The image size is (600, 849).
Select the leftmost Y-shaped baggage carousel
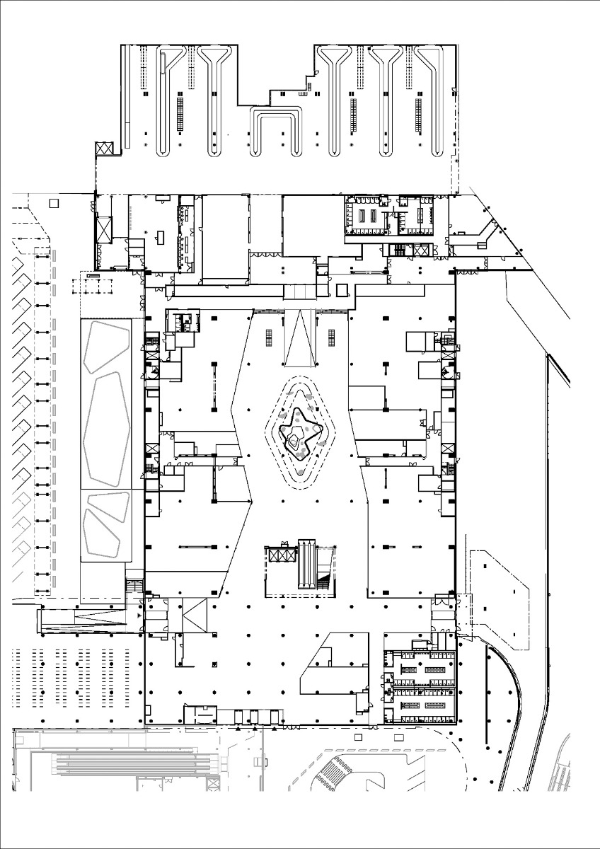(168, 99)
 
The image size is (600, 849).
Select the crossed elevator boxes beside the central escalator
(279, 554)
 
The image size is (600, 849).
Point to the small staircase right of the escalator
(325, 581)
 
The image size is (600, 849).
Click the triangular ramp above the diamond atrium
(301, 337)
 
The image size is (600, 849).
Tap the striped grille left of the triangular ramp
(270, 337)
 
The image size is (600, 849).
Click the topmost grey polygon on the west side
(107, 347)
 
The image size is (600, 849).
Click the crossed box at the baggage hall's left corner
(104, 149)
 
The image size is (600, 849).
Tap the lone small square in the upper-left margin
(54, 203)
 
